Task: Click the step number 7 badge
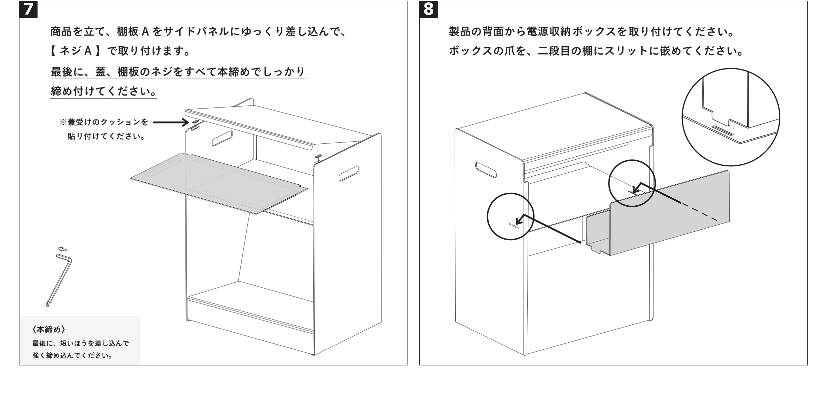click(x=28, y=9)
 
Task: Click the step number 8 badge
click(x=428, y=9)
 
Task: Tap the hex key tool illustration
click(x=59, y=280)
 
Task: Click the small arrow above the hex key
click(x=62, y=249)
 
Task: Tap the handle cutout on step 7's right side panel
click(x=349, y=173)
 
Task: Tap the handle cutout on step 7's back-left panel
click(x=222, y=138)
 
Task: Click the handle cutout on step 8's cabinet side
click(x=486, y=170)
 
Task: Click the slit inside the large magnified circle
click(x=723, y=130)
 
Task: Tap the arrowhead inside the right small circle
click(x=635, y=190)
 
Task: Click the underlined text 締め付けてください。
click(x=103, y=91)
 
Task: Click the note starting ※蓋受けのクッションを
click(x=104, y=122)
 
